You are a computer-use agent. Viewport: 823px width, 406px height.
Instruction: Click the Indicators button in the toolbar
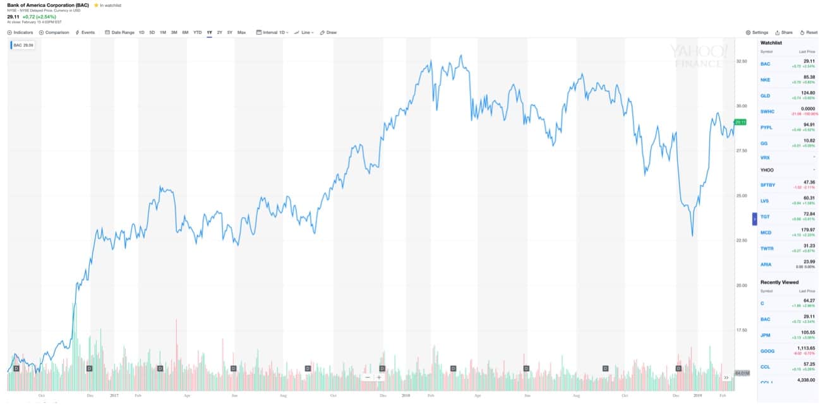point(20,32)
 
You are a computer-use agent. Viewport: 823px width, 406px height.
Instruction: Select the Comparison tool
point(54,32)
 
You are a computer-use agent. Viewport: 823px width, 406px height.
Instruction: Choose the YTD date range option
point(198,32)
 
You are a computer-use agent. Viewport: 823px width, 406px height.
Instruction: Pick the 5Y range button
point(230,32)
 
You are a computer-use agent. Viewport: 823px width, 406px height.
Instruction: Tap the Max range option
point(241,32)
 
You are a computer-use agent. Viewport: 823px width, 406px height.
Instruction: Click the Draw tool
point(328,32)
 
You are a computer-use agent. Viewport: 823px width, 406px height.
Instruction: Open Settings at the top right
point(757,32)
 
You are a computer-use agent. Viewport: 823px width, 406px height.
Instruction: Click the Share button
point(784,32)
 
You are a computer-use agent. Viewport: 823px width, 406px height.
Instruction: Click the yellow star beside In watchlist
point(96,5)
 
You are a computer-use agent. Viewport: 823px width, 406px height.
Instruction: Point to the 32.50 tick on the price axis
point(742,61)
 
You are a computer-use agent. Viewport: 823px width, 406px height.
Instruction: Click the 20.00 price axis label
point(742,285)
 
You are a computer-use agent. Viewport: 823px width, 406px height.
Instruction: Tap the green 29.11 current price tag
point(741,122)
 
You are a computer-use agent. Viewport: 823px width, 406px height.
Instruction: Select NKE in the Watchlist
point(766,80)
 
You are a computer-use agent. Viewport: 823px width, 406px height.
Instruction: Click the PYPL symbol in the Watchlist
point(766,128)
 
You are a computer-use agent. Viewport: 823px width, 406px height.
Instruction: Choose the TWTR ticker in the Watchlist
point(766,248)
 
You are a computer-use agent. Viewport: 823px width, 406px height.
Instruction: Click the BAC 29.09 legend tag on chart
point(23,45)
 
